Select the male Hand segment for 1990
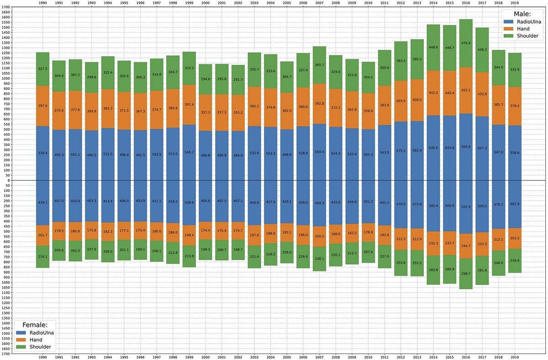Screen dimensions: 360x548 pyautogui.click(x=43, y=106)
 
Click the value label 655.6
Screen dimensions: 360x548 pyautogui.click(x=466, y=153)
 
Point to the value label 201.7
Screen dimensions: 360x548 pyautogui.click(x=43, y=235)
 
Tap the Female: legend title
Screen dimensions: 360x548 pyautogui.click(x=35, y=324)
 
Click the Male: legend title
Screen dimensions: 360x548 pyautogui.click(x=522, y=14)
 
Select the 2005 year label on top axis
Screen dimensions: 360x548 pyautogui.click(x=287, y=3)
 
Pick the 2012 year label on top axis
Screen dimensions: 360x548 pyautogui.click(x=401, y=3)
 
